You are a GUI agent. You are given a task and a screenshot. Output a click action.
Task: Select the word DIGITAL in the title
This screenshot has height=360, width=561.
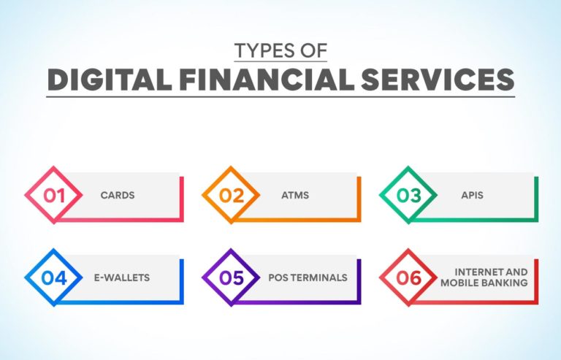(x=102, y=80)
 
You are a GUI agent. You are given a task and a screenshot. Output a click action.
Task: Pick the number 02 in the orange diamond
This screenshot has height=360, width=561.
(x=232, y=196)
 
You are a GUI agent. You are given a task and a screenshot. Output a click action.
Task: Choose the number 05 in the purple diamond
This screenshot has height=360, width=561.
(x=232, y=278)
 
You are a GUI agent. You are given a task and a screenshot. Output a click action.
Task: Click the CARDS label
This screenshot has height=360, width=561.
(x=118, y=196)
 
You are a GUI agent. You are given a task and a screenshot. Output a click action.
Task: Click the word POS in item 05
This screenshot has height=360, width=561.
(x=277, y=278)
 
